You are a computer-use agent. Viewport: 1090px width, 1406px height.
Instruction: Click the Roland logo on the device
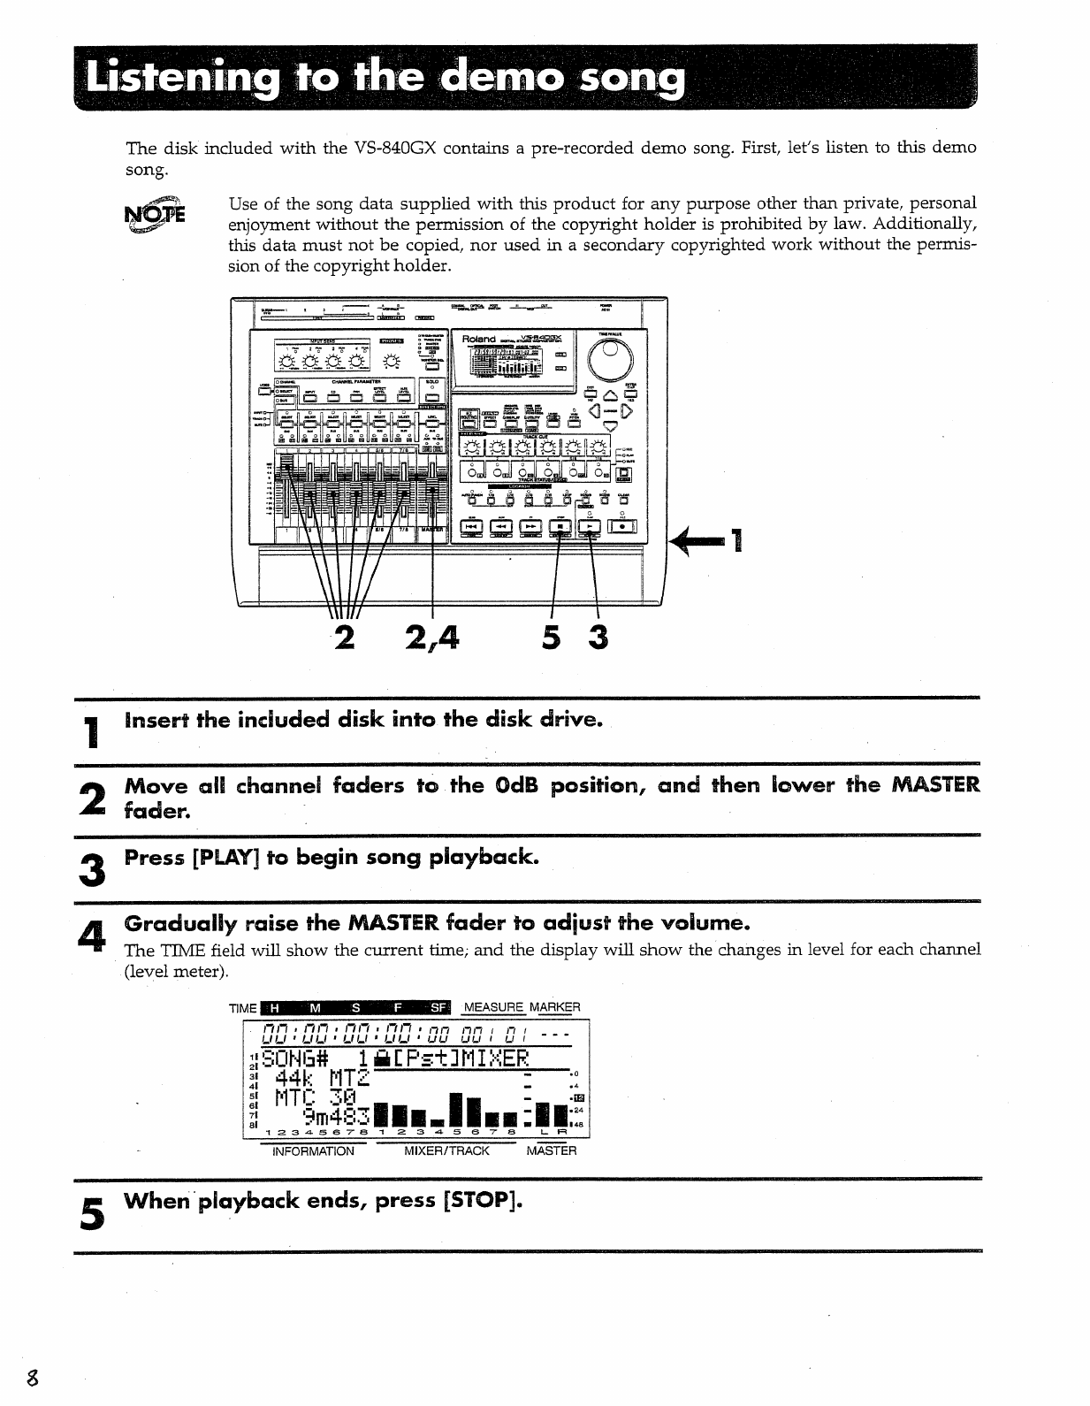click(479, 340)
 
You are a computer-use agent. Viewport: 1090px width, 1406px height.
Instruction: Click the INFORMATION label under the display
click(313, 1151)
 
